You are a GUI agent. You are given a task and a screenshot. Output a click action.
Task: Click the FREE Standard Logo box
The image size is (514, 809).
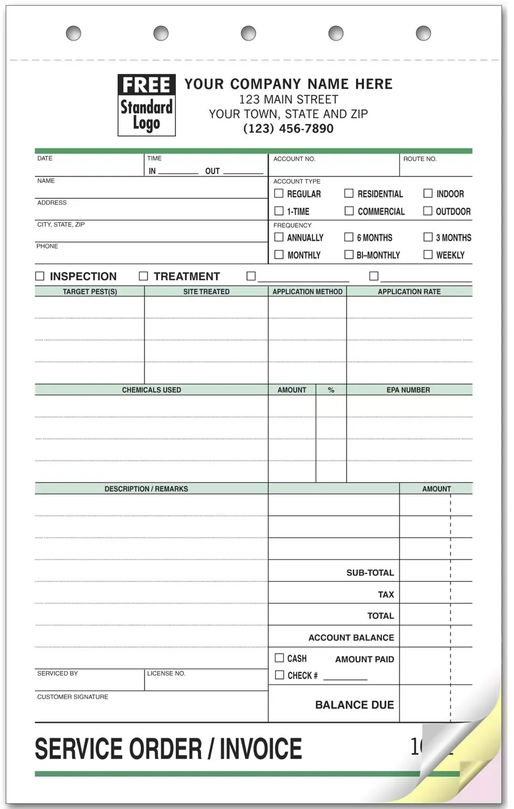(x=146, y=105)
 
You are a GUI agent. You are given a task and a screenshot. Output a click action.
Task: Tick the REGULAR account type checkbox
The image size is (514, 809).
(x=279, y=193)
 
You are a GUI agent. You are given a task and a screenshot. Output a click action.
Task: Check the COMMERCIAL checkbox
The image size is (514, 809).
(x=349, y=211)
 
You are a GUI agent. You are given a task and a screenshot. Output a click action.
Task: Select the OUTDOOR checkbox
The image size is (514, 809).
(x=428, y=211)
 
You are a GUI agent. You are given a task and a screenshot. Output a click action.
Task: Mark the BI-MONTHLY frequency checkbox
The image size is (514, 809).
(x=349, y=255)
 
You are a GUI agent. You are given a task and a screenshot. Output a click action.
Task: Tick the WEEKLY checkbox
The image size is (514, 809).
(x=428, y=255)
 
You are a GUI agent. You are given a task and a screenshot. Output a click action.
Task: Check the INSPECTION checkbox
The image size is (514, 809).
(x=40, y=276)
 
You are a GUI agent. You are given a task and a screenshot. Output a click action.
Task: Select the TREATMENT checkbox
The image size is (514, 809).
(x=143, y=276)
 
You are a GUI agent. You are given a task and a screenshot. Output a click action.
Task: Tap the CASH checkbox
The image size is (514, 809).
(x=279, y=658)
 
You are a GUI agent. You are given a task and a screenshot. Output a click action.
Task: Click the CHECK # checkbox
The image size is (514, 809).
(x=279, y=675)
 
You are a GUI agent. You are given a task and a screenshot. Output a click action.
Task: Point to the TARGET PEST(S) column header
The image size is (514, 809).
(x=90, y=292)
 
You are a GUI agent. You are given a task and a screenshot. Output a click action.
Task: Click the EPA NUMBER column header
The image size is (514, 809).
(x=408, y=390)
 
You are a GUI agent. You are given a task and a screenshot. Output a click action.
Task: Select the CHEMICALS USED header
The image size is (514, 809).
(x=152, y=390)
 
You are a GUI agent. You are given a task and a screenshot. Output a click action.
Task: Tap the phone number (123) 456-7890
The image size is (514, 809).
(x=289, y=128)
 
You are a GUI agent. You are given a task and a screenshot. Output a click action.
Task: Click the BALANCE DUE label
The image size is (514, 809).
(x=354, y=705)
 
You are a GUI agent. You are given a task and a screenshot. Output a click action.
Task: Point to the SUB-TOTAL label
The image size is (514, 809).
(x=370, y=573)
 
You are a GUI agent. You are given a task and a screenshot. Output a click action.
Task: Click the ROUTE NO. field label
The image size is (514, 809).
(x=420, y=159)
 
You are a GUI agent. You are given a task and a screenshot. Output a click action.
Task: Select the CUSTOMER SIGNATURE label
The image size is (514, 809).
(x=73, y=697)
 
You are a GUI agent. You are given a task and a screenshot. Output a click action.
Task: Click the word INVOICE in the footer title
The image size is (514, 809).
(x=261, y=749)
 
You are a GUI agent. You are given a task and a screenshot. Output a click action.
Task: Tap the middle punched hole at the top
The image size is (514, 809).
(x=248, y=33)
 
